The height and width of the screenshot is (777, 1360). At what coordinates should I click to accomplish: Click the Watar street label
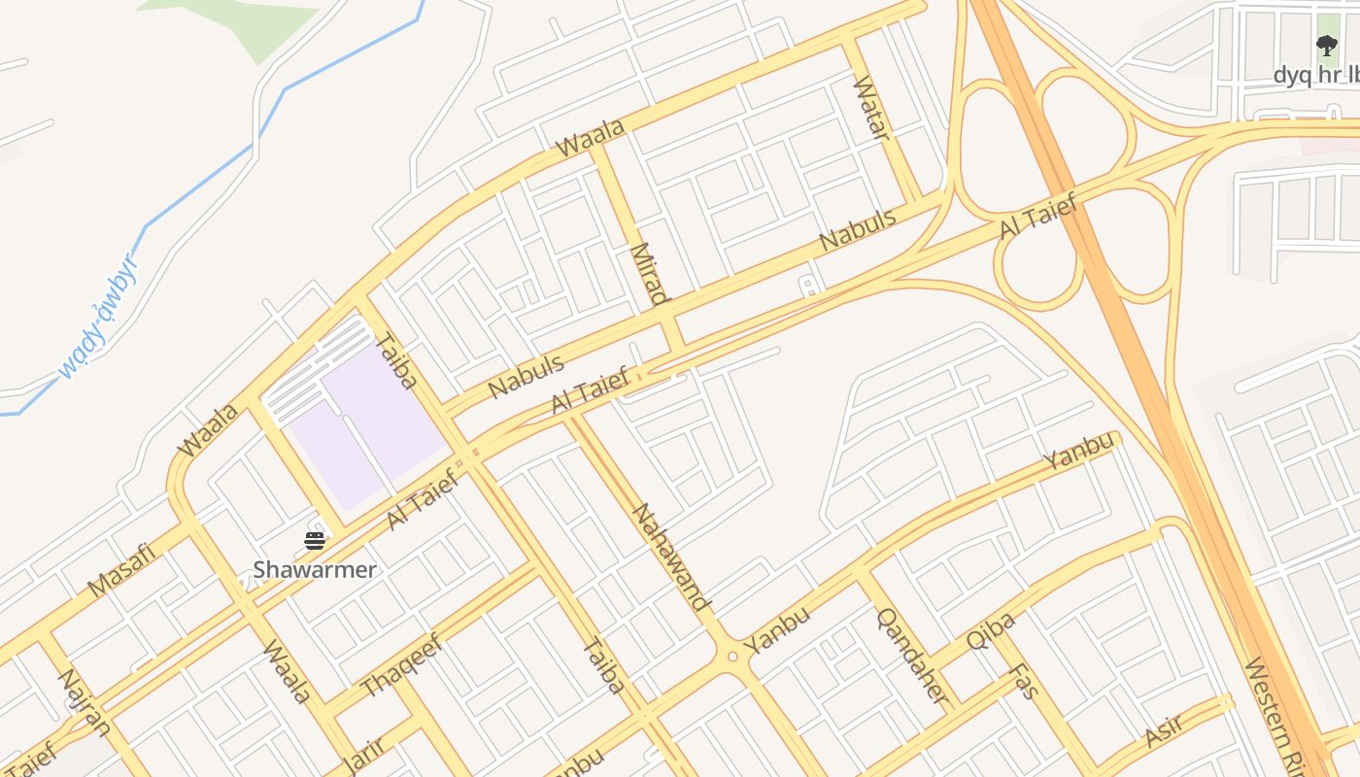[x=871, y=108]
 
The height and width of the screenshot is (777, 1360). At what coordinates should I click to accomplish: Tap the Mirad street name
[x=649, y=274]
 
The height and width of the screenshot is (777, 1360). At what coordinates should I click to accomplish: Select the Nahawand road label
[x=671, y=557]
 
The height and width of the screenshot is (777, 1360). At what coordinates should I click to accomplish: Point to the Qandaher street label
[x=912, y=657]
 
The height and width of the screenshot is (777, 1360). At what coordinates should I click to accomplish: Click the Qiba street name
[x=991, y=631]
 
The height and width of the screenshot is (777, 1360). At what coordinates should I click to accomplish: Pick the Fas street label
[x=1024, y=682]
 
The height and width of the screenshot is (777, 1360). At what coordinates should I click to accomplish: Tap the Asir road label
[x=1163, y=730]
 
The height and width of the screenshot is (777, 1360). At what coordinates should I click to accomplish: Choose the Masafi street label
[x=121, y=570]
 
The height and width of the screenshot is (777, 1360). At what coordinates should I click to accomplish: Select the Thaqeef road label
[x=401, y=665]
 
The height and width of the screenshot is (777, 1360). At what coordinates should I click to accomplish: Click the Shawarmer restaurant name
[x=315, y=570]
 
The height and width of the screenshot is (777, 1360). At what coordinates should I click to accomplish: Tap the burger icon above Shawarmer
[x=315, y=541]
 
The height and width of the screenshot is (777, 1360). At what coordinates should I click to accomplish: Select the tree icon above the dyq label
[x=1326, y=45]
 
